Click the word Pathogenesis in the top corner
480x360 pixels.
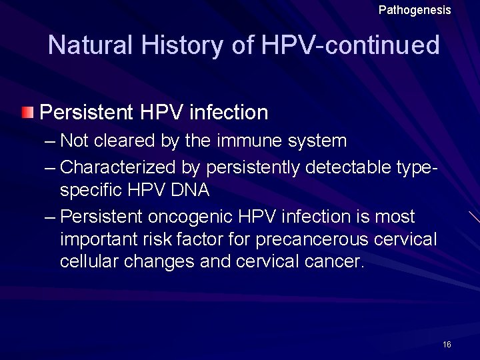pos(415,10)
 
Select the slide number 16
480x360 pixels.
pos(447,345)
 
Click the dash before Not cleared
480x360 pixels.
pos(50,141)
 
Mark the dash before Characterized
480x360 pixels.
pos(50,167)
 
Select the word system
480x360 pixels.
pos(319,141)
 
